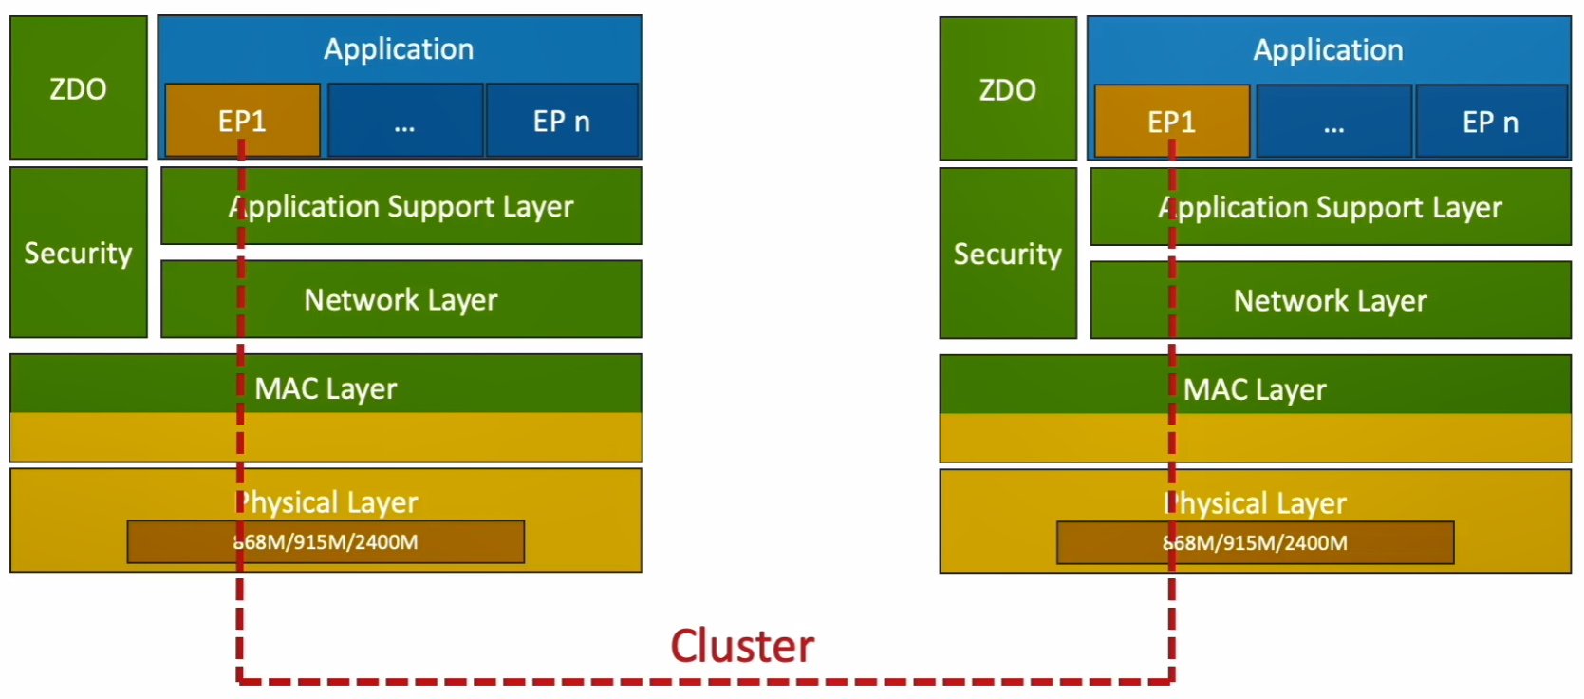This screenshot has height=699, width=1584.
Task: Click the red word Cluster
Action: click(x=742, y=646)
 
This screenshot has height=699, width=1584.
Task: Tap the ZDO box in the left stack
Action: click(x=79, y=88)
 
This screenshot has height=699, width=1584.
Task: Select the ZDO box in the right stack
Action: click(x=1008, y=89)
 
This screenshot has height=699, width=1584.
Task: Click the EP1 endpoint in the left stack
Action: click(x=242, y=122)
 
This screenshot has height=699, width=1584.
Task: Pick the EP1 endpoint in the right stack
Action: click(x=1171, y=123)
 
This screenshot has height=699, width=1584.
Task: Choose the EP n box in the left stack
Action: click(x=562, y=122)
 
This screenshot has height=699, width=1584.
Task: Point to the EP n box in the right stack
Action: click(x=1491, y=123)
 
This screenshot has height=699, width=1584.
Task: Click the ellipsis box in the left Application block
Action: click(x=405, y=122)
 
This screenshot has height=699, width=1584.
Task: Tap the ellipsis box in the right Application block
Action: click(x=1334, y=123)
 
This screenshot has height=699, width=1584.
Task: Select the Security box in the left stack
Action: click(x=79, y=253)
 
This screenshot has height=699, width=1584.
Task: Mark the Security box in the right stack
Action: click(x=1008, y=254)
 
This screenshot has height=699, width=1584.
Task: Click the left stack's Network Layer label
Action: click(x=401, y=300)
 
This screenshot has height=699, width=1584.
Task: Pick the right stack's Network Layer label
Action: click(x=1330, y=301)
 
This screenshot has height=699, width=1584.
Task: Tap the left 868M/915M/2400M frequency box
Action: click(x=326, y=542)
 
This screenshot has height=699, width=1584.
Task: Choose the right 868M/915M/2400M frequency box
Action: click(x=1255, y=543)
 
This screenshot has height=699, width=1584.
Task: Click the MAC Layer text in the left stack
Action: click(x=326, y=388)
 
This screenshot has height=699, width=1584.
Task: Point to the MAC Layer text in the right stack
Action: click(x=1255, y=389)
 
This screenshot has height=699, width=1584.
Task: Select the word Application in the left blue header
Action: click(x=399, y=49)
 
